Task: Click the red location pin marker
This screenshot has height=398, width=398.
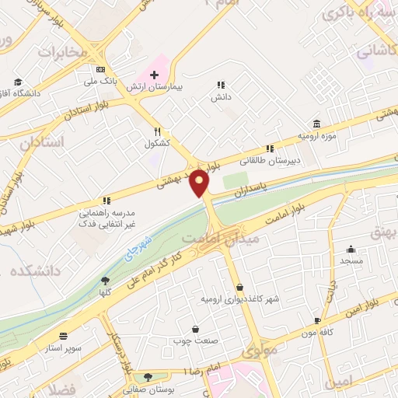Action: pos(201,183)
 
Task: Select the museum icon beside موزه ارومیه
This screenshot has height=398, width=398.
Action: pos(317,124)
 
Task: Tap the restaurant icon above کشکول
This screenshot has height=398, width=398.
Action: pos(157,132)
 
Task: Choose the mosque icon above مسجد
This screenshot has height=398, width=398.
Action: pos(351,250)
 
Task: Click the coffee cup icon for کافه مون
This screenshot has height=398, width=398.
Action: pos(317,320)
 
